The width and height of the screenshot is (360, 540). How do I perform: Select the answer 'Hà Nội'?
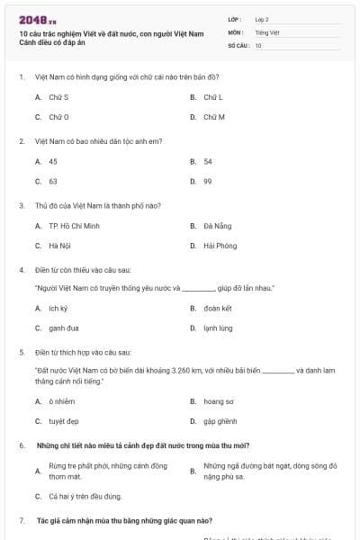[x=59, y=245]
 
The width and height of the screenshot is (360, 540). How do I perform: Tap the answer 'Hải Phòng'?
[x=220, y=245]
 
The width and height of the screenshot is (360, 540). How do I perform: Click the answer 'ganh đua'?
[x=63, y=328]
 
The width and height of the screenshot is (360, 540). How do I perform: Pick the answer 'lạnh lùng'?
[x=219, y=328]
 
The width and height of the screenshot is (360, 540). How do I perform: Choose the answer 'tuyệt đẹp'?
[x=64, y=420]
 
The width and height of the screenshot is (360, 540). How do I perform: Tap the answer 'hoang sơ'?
[x=219, y=400]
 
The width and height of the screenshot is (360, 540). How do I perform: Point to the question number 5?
[x=22, y=352]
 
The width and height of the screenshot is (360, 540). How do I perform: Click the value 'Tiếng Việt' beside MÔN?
[x=267, y=31]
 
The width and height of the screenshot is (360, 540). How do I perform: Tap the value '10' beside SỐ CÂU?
[x=258, y=44]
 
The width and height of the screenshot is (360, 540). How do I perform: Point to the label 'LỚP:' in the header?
[x=235, y=19]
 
